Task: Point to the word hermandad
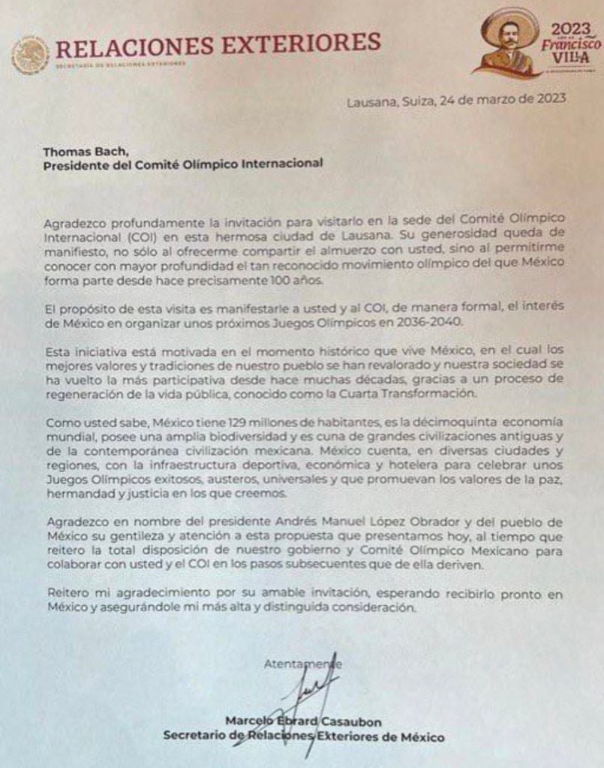point(77,495)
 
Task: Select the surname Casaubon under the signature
point(350,722)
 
